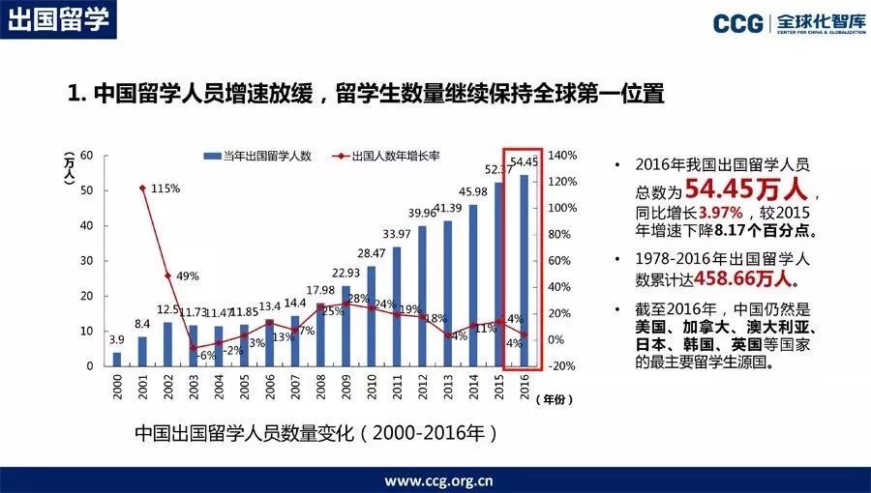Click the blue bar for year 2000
tap(117, 359)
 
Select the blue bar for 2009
tap(345, 326)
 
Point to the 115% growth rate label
tap(165, 188)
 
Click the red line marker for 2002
tap(167, 275)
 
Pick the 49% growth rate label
tap(187, 275)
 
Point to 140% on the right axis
tap(563, 155)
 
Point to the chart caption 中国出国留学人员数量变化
tap(261, 433)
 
